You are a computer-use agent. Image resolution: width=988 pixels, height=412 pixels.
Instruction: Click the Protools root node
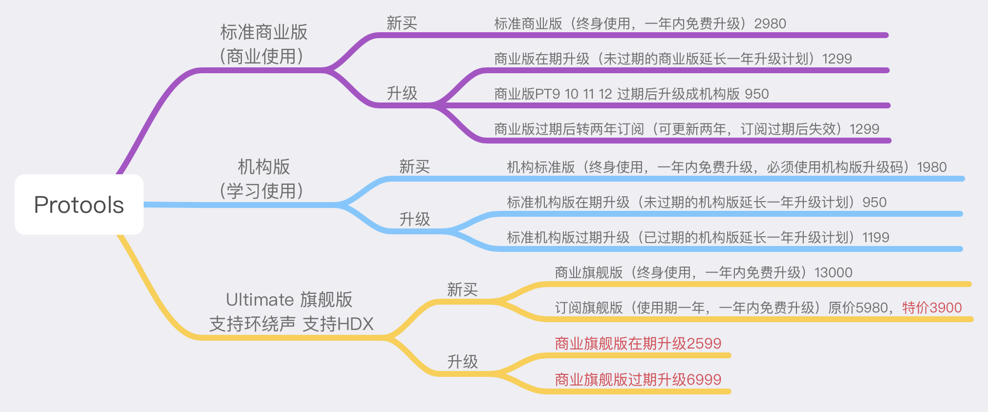coord(79,205)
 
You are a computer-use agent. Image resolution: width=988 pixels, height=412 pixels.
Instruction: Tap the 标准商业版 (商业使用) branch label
coord(263,44)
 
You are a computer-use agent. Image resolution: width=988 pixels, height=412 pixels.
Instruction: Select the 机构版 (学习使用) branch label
coord(263,179)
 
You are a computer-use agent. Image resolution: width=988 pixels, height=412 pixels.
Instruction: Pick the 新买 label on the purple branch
coord(402,23)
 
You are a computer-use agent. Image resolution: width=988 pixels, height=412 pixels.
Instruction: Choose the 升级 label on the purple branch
coord(402,93)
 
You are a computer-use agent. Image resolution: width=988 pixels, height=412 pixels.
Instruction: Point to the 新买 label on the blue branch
coord(414,166)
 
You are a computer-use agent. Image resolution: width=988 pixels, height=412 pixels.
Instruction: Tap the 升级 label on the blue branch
coord(414,219)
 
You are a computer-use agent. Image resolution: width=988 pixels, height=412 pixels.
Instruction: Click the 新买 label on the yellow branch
coord(462,289)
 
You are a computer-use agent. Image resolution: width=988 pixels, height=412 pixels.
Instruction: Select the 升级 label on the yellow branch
coord(462,362)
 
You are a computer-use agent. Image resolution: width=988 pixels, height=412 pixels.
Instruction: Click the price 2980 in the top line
coord(770,23)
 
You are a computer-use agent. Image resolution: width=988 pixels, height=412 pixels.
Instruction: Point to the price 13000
coord(833,272)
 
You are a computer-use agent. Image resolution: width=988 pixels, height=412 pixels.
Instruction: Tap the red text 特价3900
coord(932,308)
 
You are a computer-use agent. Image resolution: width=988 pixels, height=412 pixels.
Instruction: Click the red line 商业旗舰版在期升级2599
coord(638,343)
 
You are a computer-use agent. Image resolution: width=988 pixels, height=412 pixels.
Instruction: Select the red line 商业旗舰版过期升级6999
coord(638,379)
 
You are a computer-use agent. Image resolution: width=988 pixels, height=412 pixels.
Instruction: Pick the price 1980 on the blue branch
coord(932,167)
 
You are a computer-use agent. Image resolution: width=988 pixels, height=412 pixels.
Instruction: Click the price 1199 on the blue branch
coord(876,237)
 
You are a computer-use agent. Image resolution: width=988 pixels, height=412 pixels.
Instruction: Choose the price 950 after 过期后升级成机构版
coord(757,94)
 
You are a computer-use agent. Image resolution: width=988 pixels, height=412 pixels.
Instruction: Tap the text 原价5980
coord(858,308)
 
